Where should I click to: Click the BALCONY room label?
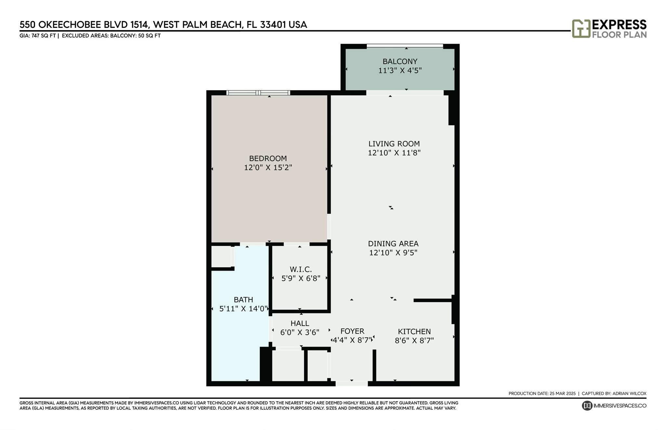400,61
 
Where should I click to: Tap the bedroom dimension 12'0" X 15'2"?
268,168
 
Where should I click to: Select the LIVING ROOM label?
394,144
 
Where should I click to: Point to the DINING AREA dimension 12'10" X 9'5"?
393,253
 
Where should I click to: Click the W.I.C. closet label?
300,269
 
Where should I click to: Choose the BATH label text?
243,299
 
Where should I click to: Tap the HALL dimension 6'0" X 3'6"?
300,333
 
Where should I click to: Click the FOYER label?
352,331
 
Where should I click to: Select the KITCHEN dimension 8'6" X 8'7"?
414,341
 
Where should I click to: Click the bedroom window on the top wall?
258,93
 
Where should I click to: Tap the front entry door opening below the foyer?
352,384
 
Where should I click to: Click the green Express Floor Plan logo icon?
581,29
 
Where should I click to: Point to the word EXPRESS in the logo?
619,25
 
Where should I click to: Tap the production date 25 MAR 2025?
563,393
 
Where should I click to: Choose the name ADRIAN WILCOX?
629,393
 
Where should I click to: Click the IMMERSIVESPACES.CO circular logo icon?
587,406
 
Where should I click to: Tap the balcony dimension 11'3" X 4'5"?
400,70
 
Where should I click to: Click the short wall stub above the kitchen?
433,300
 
